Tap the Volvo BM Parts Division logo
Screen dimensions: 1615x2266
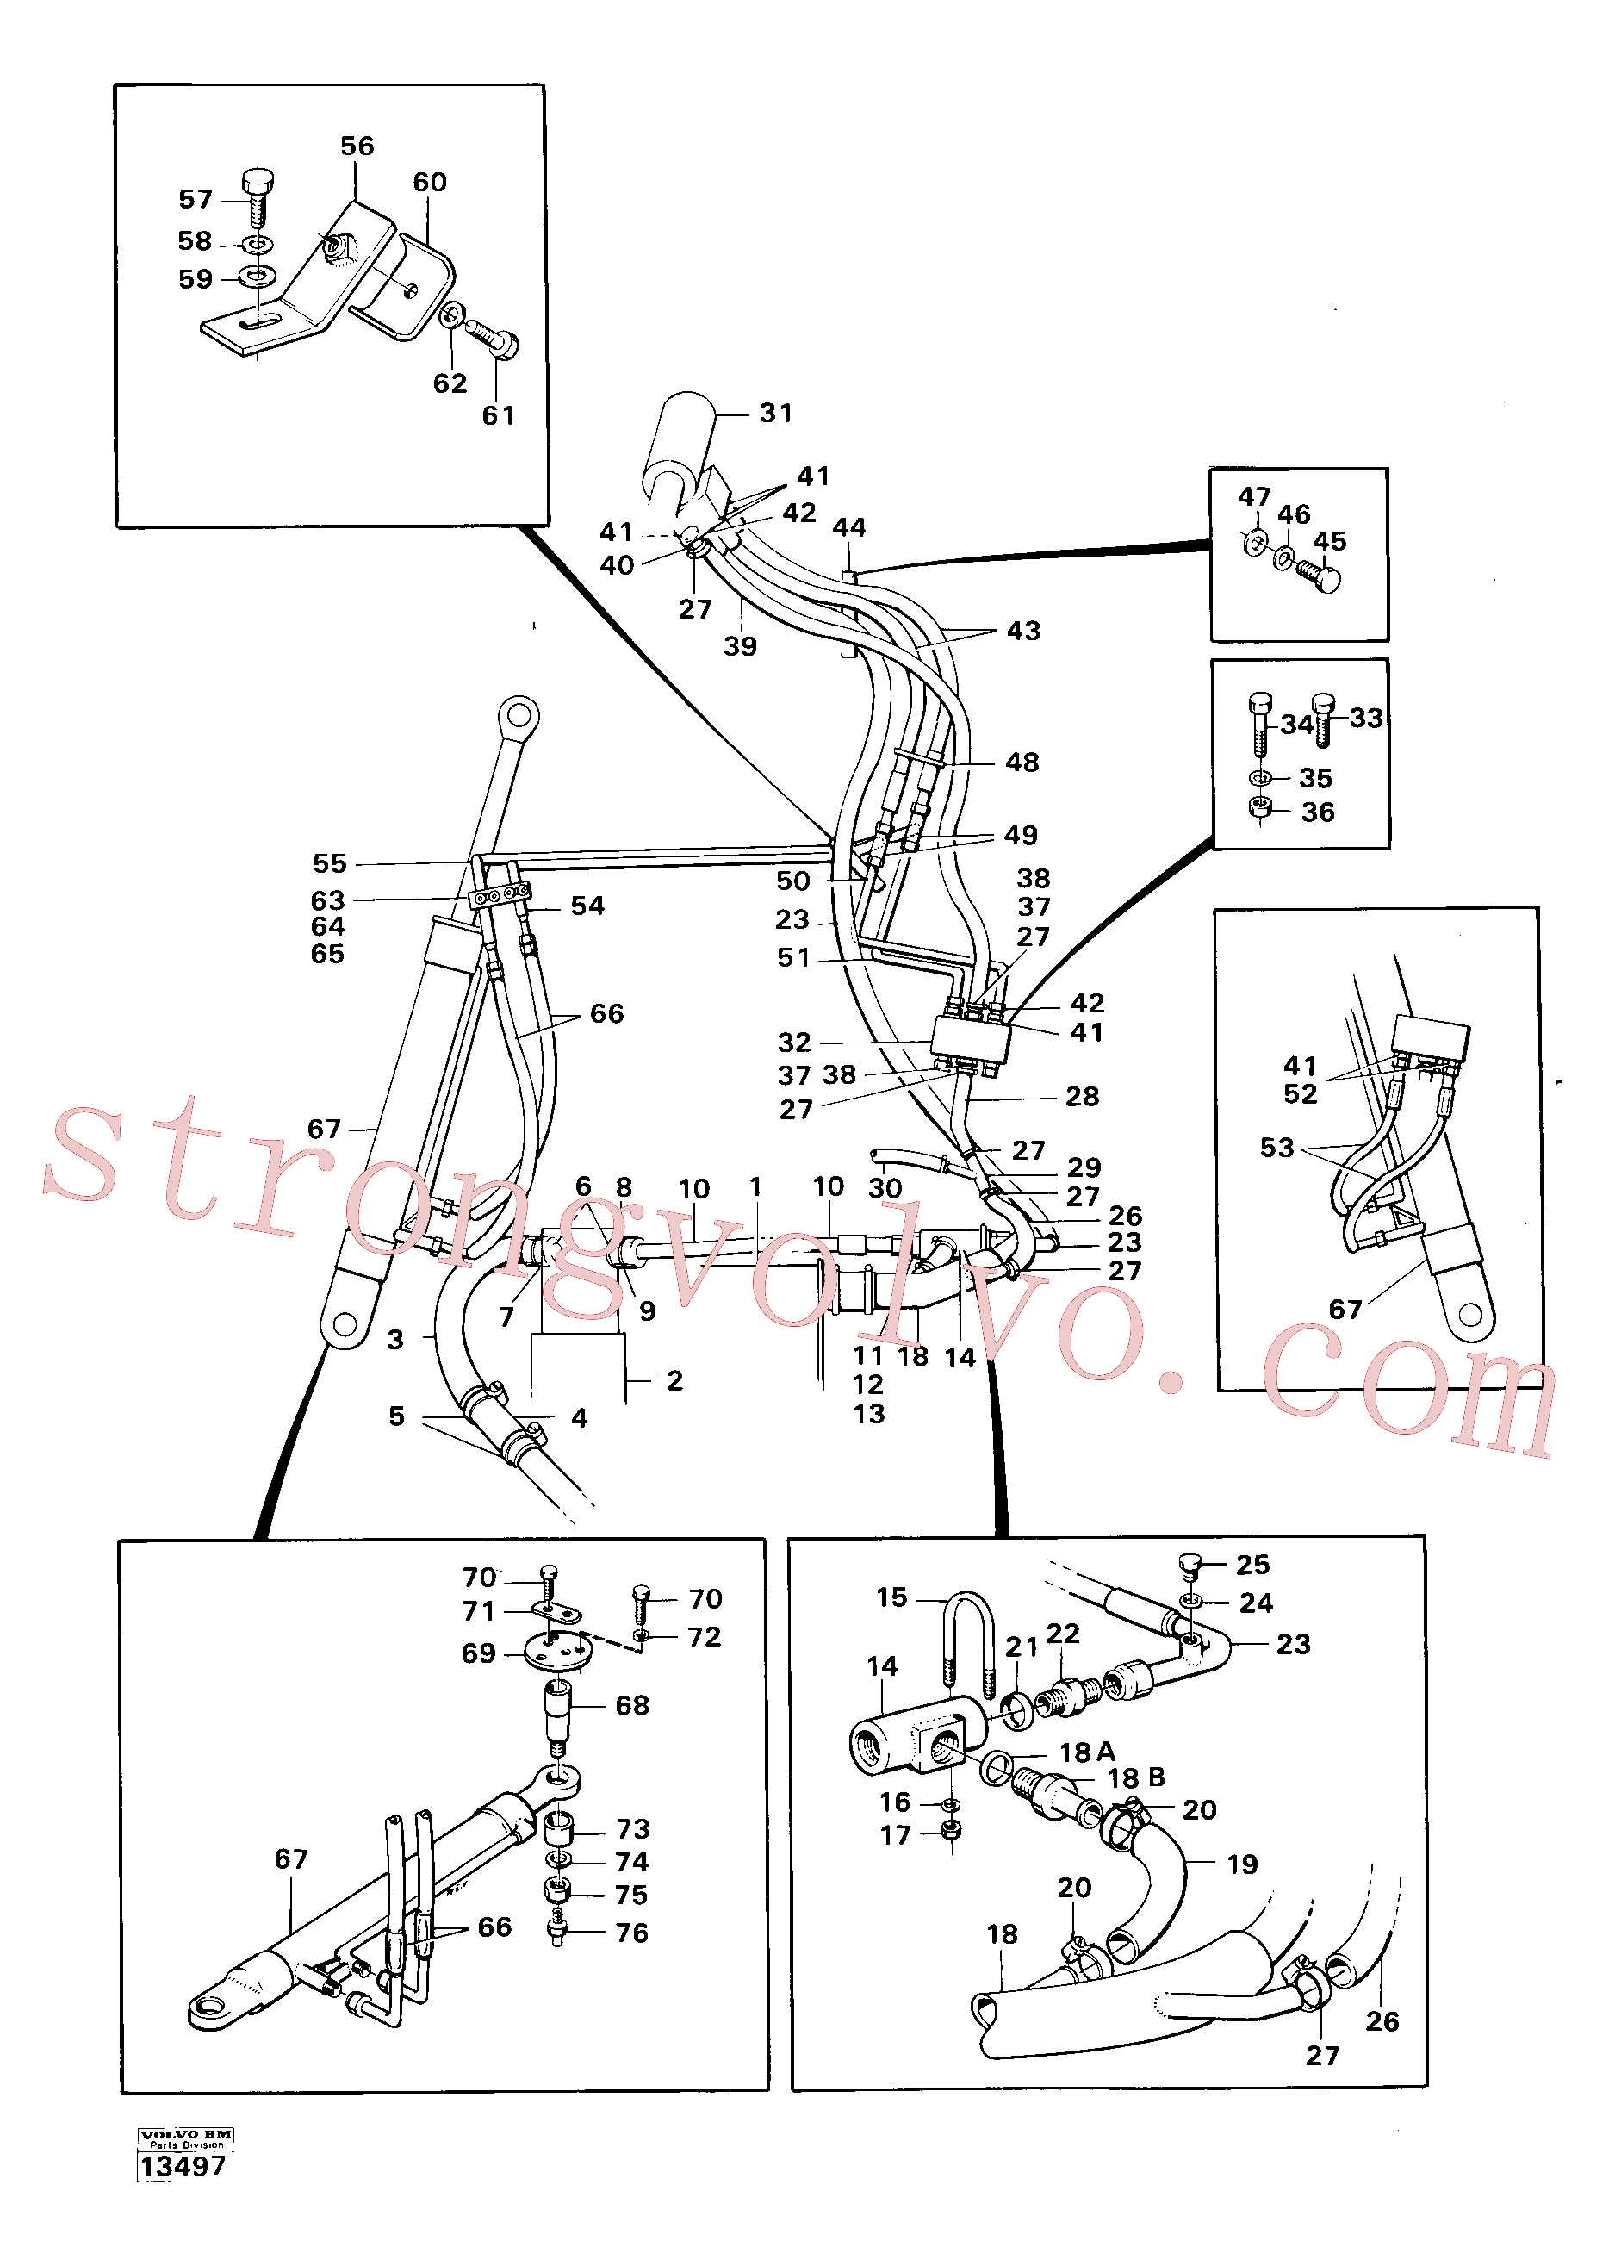186,2138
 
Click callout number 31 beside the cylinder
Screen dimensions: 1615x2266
776,413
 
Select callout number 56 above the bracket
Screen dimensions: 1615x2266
357,146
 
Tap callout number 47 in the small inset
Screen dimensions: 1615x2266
1254,496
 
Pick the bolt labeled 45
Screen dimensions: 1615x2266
1319,575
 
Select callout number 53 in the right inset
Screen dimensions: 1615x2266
1276,1147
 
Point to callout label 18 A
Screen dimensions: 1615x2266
1087,1752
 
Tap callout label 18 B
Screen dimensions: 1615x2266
1136,1777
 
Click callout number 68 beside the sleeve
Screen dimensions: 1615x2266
631,1705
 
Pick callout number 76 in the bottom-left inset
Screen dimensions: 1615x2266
631,1932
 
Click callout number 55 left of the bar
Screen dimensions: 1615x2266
329,863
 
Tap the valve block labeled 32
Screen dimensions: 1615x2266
971,1039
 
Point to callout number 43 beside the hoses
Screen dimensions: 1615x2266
1023,631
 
